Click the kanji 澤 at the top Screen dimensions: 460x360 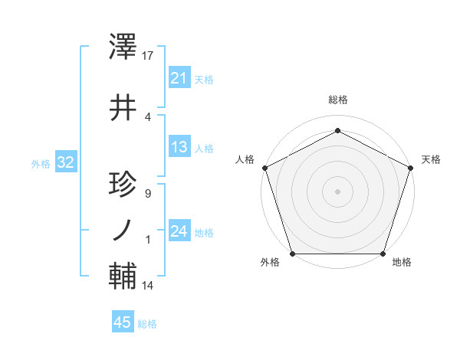click(x=123, y=48)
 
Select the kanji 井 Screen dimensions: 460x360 click(x=123, y=108)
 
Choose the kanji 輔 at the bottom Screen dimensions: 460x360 click(x=123, y=277)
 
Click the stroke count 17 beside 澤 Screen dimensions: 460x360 click(x=148, y=56)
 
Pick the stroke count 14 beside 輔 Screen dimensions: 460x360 click(x=148, y=286)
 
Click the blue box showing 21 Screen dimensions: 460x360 click(x=179, y=77)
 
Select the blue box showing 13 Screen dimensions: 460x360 click(x=179, y=147)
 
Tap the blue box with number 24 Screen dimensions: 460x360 click(x=179, y=231)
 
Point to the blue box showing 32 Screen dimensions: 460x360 click(x=65, y=162)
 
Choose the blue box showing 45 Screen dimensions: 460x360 click(x=123, y=322)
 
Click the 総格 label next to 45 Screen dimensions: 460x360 click(x=147, y=324)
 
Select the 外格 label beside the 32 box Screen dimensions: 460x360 click(x=41, y=163)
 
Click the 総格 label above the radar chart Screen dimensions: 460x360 click(x=337, y=100)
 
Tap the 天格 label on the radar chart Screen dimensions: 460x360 click(x=431, y=159)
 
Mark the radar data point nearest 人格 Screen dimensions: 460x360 click(x=264, y=167)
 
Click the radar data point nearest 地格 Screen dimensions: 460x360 click(x=383, y=254)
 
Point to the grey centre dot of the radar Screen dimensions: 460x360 click(x=337, y=191)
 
